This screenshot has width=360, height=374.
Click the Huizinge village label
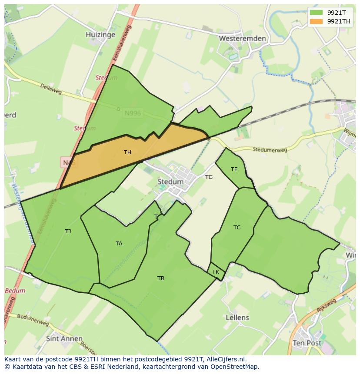(x=100, y=34)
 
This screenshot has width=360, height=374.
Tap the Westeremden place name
(x=242, y=38)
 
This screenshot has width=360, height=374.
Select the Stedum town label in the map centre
(x=170, y=182)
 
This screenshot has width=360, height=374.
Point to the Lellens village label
(x=237, y=318)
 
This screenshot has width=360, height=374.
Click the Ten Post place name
(x=307, y=343)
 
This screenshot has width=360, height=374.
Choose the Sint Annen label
(x=64, y=338)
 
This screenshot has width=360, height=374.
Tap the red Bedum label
(x=16, y=291)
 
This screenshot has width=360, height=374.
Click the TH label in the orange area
(x=127, y=152)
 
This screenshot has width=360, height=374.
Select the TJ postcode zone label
(x=68, y=232)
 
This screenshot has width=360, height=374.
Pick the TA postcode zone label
(x=119, y=244)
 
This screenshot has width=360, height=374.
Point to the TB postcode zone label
(x=161, y=278)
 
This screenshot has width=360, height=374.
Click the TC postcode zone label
(x=237, y=228)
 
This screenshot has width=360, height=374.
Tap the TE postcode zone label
(x=234, y=169)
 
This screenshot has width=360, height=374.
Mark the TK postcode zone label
(x=216, y=272)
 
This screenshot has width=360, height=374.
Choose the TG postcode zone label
(x=209, y=177)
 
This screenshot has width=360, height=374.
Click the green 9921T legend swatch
(x=316, y=12)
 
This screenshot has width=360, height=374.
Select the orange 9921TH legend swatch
(x=316, y=21)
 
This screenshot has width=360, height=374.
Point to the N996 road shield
(x=133, y=113)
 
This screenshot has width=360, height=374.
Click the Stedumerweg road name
(x=270, y=149)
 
